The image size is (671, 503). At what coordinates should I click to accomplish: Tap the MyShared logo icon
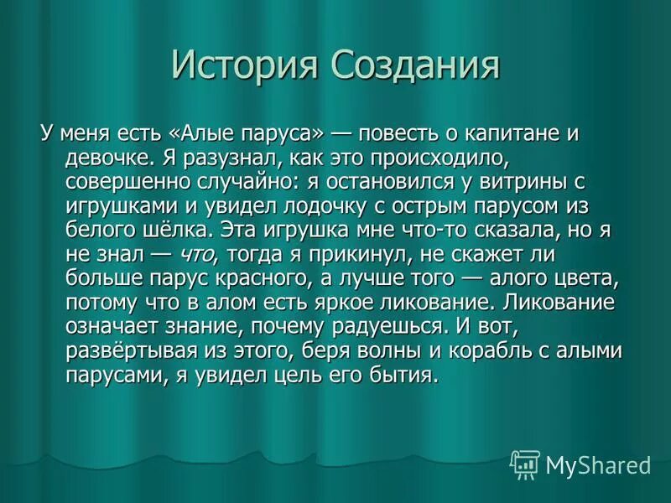point(525,464)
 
